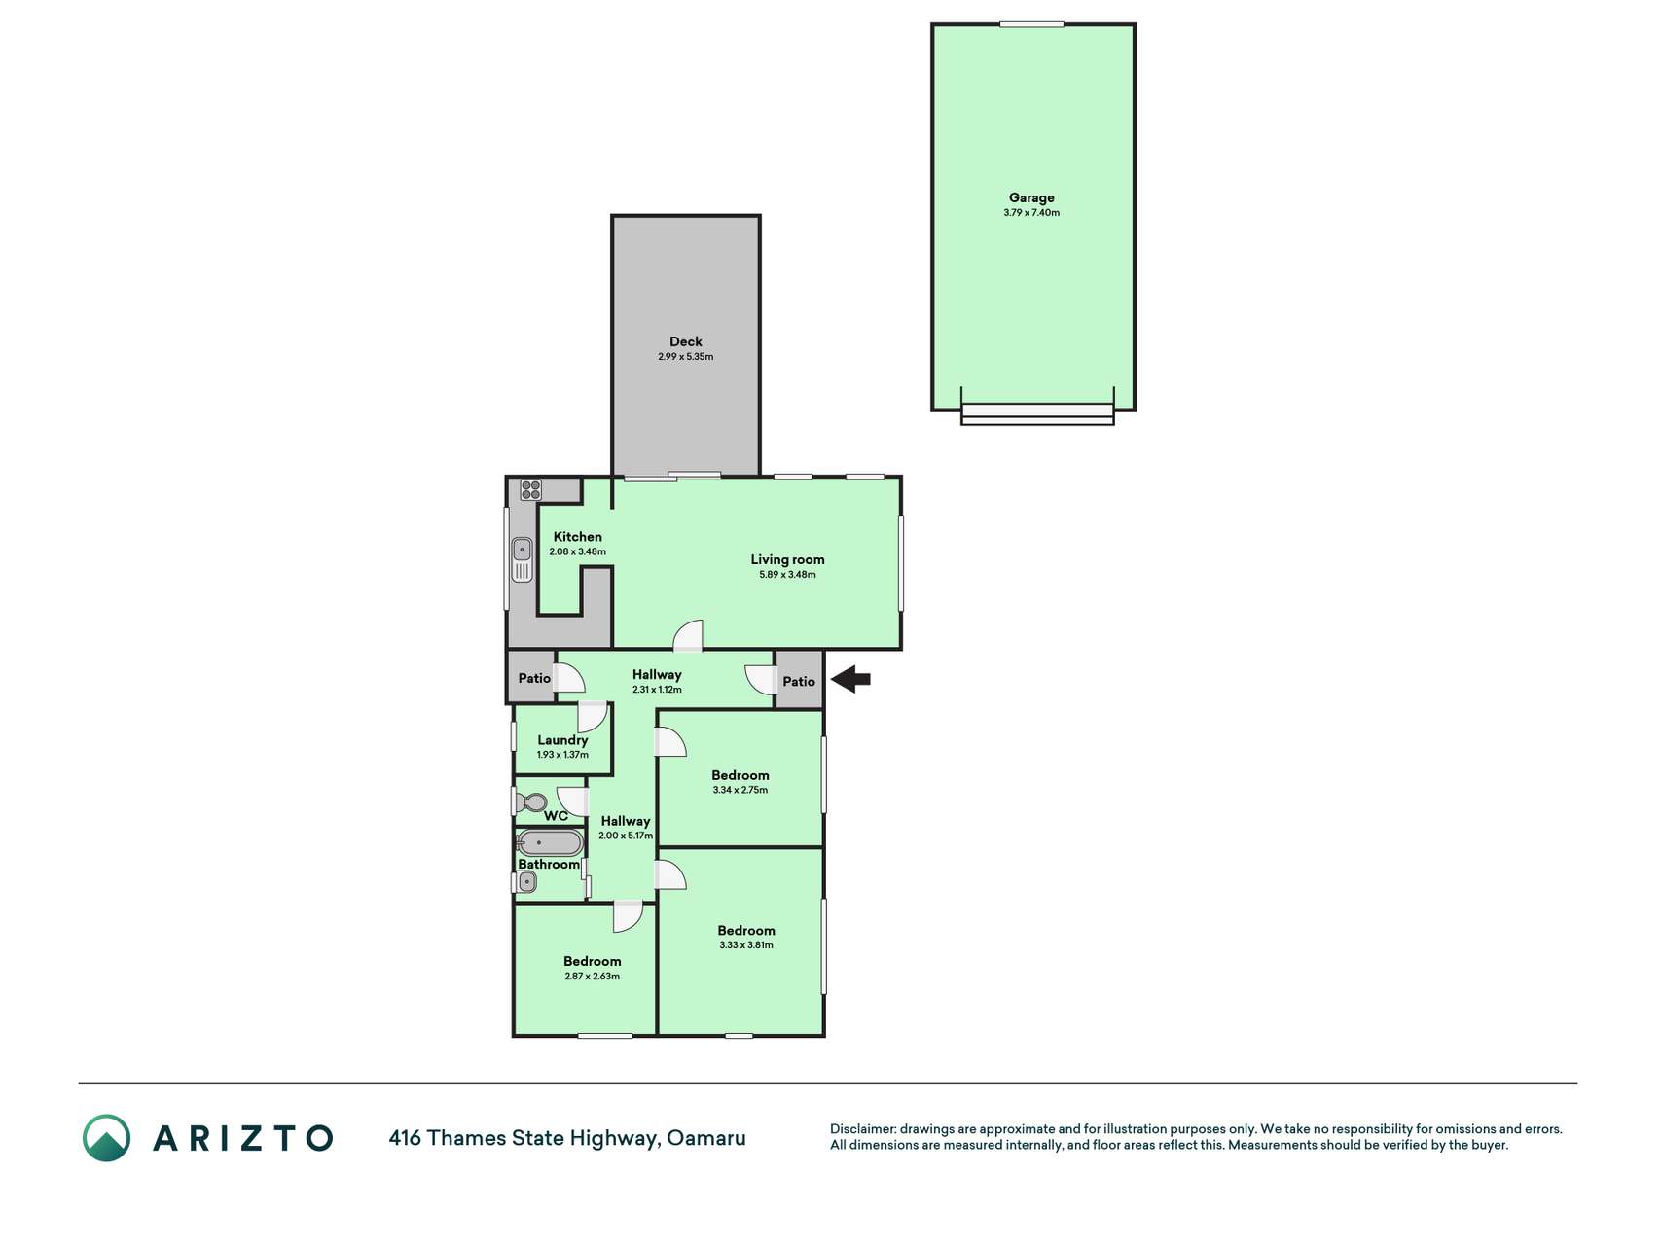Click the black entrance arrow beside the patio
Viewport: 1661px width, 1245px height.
pyautogui.click(x=850, y=679)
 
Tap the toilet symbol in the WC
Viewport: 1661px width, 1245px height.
pyautogui.click(x=531, y=802)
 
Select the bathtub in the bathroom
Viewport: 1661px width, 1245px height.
pyautogui.click(x=550, y=842)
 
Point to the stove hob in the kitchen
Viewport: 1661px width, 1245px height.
pyautogui.click(x=530, y=489)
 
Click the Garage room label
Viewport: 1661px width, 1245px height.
pyautogui.click(x=1031, y=197)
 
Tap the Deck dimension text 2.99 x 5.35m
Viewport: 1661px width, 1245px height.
pyautogui.click(x=686, y=357)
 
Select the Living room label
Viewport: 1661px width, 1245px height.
pyautogui.click(x=787, y=559)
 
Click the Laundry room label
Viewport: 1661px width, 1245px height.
pyautogui.click(x=562, y=740)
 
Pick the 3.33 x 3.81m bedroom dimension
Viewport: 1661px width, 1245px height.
pyautogui.click(x=746, y=945)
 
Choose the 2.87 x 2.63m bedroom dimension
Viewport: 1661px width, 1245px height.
pyautogui.click(x=593, y=977)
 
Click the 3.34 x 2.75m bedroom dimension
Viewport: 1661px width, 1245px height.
pyautogui.click(x=740, y=791)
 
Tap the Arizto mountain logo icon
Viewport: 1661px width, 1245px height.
pyautogui.click(x=106, y=1138)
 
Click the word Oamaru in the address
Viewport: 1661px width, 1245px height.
pyautogui.click(x=706, y=1138)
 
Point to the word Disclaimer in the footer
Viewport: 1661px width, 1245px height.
pyautogui.click(x=862, y=1129)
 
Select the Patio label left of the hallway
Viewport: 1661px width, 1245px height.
pyautogui.click(x=534, y=678)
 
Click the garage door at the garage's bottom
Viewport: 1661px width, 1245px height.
pyautogui.click(x=1037, y=413)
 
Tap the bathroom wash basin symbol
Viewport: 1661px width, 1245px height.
pyautogui.click(x=526, y=882)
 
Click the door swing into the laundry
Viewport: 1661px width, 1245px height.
pyautogui.click(x=593, y=717)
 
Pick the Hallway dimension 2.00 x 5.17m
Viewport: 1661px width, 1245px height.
pyautogui.click(x=626, y=836)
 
